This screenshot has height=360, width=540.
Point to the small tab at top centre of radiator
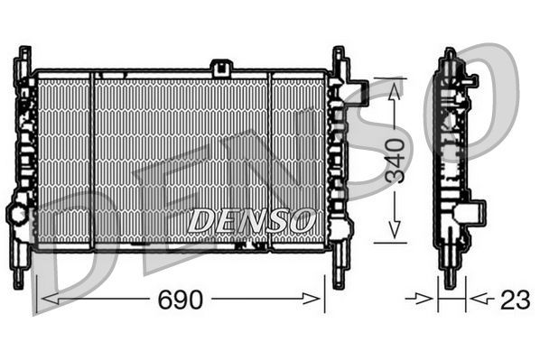click(x=220, y=67)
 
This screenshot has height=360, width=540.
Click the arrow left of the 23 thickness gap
click(x=423, y=297)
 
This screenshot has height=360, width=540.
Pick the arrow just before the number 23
click(x=479, y=297)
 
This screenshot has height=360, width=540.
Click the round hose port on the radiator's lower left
click(x=17, y=214)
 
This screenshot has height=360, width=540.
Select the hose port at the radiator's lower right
click(x=340, y=226)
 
